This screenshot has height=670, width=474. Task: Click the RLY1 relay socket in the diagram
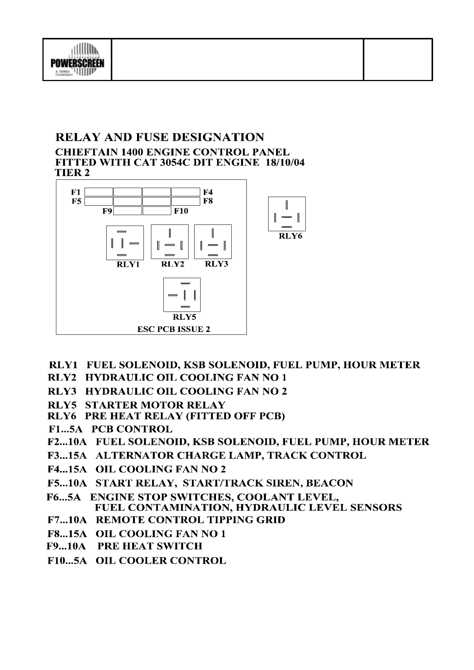pos(125,242)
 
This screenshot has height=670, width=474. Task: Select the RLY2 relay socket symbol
pos(170,242)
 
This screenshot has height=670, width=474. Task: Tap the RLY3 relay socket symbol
pos(213,242)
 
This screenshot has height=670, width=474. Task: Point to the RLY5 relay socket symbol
pos(182,295)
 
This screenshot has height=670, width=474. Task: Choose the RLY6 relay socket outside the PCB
pos(287,214)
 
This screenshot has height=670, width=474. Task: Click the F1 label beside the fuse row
pos(76,192)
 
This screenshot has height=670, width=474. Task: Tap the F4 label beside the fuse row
pos(208,192)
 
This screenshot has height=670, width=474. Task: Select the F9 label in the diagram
pos(107,211)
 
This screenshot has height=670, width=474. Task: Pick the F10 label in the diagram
pos(181,211)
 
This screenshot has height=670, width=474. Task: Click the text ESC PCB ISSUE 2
pos(174,329)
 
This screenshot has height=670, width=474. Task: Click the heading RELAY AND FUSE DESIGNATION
pos(160,137)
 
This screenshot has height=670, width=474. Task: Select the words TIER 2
pos(72,173)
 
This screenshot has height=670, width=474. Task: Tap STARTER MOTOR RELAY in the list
pos(155,405)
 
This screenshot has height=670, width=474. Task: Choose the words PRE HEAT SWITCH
pos(150,546)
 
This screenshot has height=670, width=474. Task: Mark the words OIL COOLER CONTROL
pos(161,561)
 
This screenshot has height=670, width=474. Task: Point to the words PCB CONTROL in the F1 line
pos(132,429)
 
